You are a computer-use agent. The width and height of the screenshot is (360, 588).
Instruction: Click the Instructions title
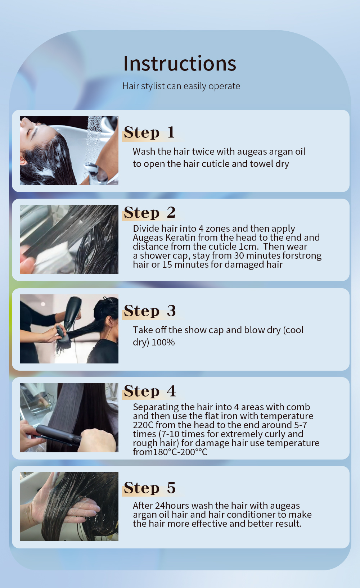pyautogui.click(x=180, y=63)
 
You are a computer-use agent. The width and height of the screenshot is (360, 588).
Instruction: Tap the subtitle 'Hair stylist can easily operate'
pyautogui.click(x=181, y=86)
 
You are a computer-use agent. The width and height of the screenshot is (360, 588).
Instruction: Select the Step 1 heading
pyautogui.click(x=149, y=132)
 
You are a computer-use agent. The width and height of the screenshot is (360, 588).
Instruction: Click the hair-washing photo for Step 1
pyautogui.click(x=69, y=150)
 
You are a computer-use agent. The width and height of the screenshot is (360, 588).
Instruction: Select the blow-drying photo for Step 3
pyautogui.click(x=69, y=329)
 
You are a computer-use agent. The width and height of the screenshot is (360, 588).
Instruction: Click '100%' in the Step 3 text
pyautogui.click(x=163, y=342)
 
